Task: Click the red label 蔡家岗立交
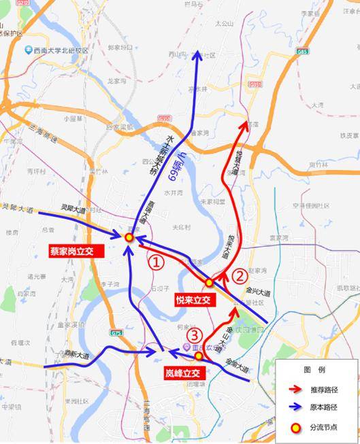click(75, 251)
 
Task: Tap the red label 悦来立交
click(194, 300)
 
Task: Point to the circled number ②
click(240, 275)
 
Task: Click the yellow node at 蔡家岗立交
click(129, 237)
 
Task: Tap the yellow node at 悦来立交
click(210, 283)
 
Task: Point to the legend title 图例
click(316, 369)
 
